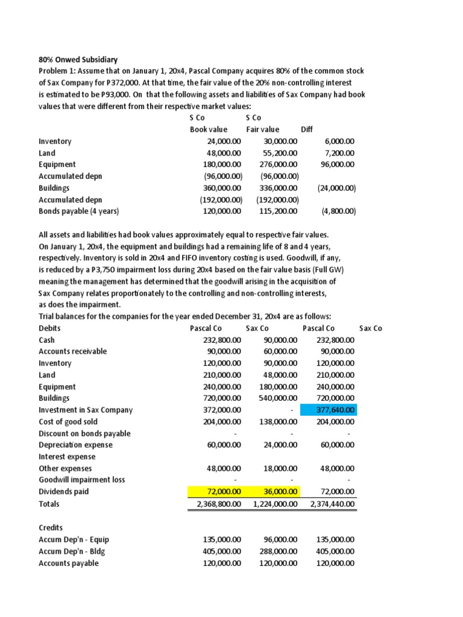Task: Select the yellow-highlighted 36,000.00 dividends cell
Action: [x=276, y=492]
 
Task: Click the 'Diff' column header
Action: [x=307, y=130]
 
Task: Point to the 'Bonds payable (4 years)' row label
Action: [x=79, y=211]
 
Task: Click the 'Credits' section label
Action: [x=51, y=527]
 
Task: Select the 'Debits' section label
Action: [x=49, y=328]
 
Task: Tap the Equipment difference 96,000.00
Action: [x=338, y=164]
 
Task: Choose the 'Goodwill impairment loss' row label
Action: [x=82, y=480]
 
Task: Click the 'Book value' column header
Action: [x=209, y=130]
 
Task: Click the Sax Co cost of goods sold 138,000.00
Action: [x=277, y=422]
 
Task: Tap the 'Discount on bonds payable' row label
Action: [x=84, y=434]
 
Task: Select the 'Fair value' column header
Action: [x=263, y=130]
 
